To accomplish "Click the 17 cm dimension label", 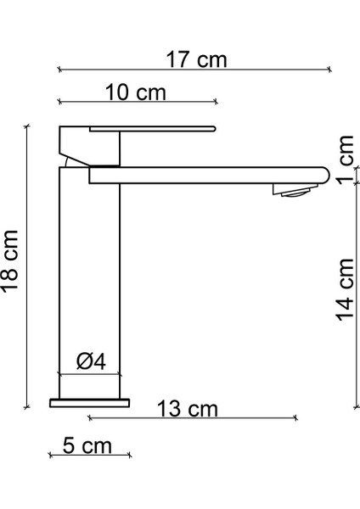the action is point(196,59).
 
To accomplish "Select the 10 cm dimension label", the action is point(136,92).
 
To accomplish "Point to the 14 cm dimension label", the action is point(345,289).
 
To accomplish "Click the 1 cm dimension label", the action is point(345,159).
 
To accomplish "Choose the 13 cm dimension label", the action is point(187,408).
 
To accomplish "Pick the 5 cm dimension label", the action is point(87,445).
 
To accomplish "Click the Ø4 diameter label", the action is point(91,361).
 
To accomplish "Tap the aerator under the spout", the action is point(295,190).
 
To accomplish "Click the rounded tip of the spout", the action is point(325,176).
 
